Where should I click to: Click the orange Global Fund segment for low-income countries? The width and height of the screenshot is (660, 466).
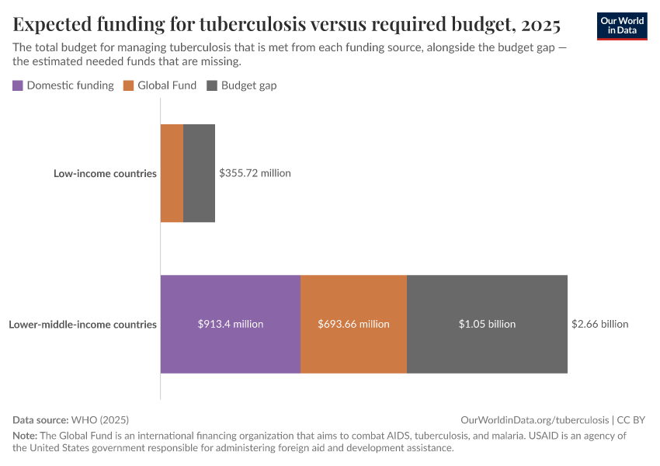(x=172, y=173)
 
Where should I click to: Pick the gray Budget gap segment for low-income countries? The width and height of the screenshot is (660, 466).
(x=199, y=173)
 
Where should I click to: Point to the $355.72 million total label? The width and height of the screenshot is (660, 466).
(x=255, y=173)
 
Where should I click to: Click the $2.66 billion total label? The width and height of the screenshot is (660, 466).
(x=599, y=324)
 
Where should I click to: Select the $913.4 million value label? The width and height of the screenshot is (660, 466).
(x=231, y=324)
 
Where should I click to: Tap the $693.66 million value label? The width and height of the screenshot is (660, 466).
(x=353, y=324)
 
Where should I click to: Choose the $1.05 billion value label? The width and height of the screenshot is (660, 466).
(x=487, y=324)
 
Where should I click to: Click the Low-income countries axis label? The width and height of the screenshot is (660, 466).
(x=105, y=173)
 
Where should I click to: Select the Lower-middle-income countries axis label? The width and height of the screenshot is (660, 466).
(x=83, y=324)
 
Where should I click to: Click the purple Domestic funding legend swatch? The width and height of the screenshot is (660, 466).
(x=18, y=85)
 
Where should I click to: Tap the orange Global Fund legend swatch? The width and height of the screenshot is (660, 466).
(x=129, y=85)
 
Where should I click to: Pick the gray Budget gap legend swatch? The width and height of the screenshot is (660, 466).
(x=212, y=85)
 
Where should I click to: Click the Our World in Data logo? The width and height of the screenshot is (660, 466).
(x=621, y=26)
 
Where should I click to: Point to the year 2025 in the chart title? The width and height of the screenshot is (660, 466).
(x=540, y=24)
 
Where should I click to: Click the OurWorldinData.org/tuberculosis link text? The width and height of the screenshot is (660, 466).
(x=534, y=419)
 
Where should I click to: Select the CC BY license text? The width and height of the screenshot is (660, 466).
(x=631, y=419)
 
